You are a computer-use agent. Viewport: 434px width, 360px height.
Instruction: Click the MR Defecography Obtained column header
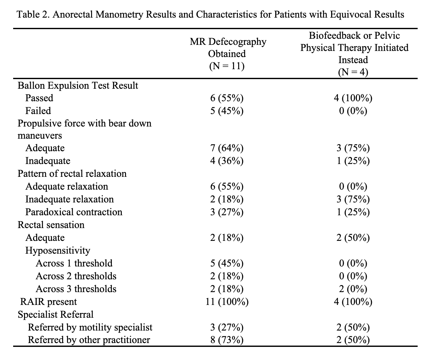coord(228,48)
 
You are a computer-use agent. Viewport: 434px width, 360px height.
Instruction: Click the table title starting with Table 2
coord(210,14)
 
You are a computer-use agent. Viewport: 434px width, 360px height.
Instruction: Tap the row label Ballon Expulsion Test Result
coord(78,86)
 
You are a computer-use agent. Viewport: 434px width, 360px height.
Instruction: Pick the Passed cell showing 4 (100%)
coord(353,98)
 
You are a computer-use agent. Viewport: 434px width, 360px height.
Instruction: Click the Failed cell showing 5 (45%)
coord(227,111)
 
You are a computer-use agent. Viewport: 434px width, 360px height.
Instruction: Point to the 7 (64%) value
coord(227,148)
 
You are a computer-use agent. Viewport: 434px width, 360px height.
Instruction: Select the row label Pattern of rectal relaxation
coord(72,174)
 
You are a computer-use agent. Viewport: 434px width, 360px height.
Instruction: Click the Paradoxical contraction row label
coord(74,212)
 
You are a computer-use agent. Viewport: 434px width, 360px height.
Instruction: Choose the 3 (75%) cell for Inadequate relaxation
coord(353,199)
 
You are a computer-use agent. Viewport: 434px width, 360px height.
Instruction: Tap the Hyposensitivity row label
coord(58,250)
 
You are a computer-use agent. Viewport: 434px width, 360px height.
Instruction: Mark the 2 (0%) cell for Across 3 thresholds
coord(353,289)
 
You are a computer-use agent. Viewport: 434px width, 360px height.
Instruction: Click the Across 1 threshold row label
coord(74,263)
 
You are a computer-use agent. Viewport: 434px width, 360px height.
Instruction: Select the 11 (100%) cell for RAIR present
coord(227,302)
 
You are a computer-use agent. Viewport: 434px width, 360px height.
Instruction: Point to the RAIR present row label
coord(48,302)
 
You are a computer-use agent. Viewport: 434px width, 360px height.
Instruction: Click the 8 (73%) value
coord(227,340)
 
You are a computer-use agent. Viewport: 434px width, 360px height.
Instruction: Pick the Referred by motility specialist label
coord(90,327)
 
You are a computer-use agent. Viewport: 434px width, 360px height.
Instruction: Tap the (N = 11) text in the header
coord(227,66)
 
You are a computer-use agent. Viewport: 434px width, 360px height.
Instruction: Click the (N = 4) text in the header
coord(353,72)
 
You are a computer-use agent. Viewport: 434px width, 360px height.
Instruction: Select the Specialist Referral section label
coord(55,315)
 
